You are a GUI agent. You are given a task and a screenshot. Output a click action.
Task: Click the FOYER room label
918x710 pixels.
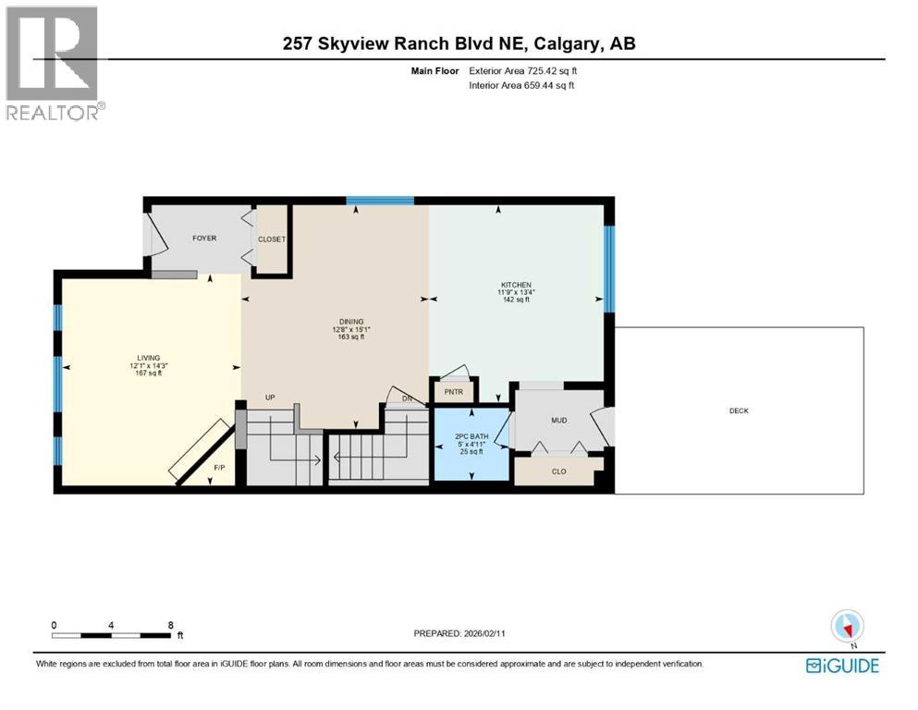pyautogui.click(x=204, y=239)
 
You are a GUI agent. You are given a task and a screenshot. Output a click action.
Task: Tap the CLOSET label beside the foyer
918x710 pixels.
pyautogui.click(x=272, y=239)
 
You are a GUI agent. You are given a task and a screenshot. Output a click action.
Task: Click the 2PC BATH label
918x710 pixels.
pyautogui.click(x=471, y=435)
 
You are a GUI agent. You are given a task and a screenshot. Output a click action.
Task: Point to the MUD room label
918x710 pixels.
pyautogui.click(x=558, y=421)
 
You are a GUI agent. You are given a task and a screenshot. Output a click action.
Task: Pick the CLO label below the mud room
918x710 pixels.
pyautogui.click(x=558, y=471)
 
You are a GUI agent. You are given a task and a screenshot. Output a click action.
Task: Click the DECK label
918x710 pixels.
pyautogui.click(x=739, y=410)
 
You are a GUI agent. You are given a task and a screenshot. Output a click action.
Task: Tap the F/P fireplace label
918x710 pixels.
pyautogui.click(x=219, y=468)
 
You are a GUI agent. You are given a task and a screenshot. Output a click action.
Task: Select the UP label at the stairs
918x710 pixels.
pyautogui.click(x=271, y=398)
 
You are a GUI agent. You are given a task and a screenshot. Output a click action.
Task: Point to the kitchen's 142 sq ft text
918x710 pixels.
pyautogui.click(x=515, y=300)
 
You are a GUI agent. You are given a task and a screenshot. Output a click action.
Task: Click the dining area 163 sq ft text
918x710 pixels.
pyautogui.click(x=350, y=337)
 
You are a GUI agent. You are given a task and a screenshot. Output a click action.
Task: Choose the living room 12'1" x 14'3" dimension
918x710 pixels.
pyautogui.click(x=148, y=365)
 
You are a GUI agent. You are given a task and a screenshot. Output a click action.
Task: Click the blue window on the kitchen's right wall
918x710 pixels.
pyautogui.click(x=609, y=267)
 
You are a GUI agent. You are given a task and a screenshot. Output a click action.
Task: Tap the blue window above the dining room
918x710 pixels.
pyautogui.click(x=380, y=201)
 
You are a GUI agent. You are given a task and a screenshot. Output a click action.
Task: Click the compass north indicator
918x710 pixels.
pyautogui.click(x=847, y=628)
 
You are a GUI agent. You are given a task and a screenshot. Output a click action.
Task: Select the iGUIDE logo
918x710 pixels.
pyautogui.click(x=842, y=665)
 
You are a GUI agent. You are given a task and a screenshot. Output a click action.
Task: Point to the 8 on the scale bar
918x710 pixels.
pyautogui.click(x=171, y=625)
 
